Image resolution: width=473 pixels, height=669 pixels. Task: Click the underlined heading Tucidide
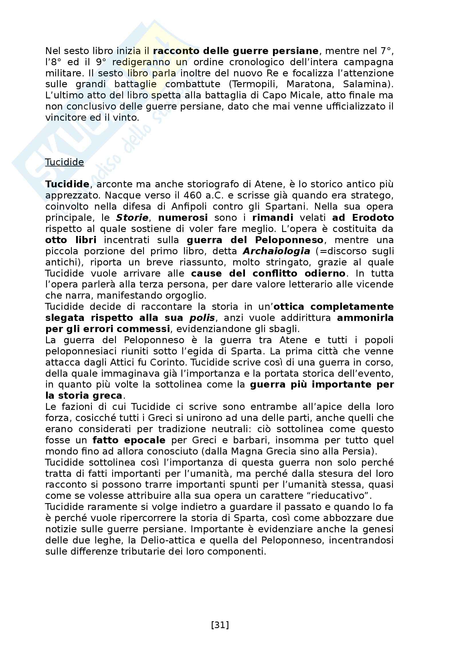tap(64, 162)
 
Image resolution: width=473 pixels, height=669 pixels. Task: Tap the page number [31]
tap(220, 625)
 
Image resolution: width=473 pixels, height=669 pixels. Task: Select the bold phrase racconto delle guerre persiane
tap(236, 51)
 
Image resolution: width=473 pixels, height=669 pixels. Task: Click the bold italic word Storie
tap(132, 218)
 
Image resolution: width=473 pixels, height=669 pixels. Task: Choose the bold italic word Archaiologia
tap(276, 251)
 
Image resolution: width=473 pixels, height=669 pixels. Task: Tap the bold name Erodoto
tap(373, 218)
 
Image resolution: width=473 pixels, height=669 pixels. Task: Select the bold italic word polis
tap(202, 317)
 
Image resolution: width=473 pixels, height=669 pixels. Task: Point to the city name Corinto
tap(168, 362)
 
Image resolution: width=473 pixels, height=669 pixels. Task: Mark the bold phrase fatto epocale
tap(129, 440)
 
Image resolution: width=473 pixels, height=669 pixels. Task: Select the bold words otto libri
tap(71, 240)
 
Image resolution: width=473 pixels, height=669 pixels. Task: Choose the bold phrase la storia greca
tap(84, 396)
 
